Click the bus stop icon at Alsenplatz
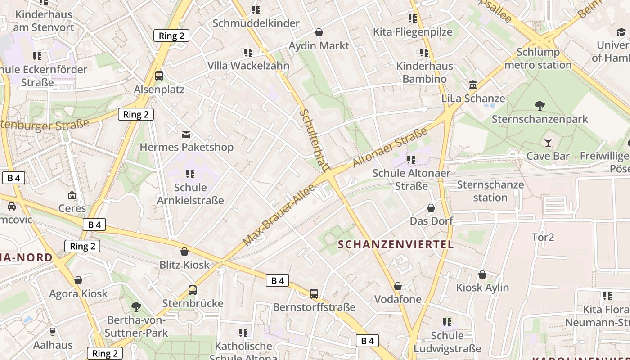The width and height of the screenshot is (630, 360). click(159, 76)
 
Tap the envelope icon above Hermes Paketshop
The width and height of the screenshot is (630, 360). click(186, 134)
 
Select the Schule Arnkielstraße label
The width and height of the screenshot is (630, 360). click(190, 193)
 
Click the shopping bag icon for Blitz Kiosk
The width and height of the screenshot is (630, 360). click(184, 251)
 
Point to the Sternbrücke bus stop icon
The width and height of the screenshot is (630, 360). click(193, 290)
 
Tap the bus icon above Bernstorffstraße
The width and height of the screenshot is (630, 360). click(314, 294)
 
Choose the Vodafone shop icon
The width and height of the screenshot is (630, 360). click(397, 286)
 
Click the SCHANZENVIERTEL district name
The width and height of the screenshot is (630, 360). click(396, 244)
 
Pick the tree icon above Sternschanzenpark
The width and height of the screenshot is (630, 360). click(540, 106)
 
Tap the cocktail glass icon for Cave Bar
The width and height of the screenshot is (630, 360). click(548, 143)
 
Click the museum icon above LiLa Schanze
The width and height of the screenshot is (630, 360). click(473, 85)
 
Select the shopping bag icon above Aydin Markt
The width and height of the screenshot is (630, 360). click(319, 32)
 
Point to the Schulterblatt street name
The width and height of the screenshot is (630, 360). click(314, 140)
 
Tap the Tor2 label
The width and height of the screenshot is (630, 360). click(543, 237)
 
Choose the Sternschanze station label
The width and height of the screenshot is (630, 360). click(490, 191)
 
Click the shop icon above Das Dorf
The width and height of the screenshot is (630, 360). click(431, 208)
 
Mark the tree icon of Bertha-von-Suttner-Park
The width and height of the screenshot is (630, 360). click(136, 307)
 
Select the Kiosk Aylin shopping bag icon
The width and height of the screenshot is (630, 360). click(482, 274)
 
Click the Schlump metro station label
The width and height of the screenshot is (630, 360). click(538, 58)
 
